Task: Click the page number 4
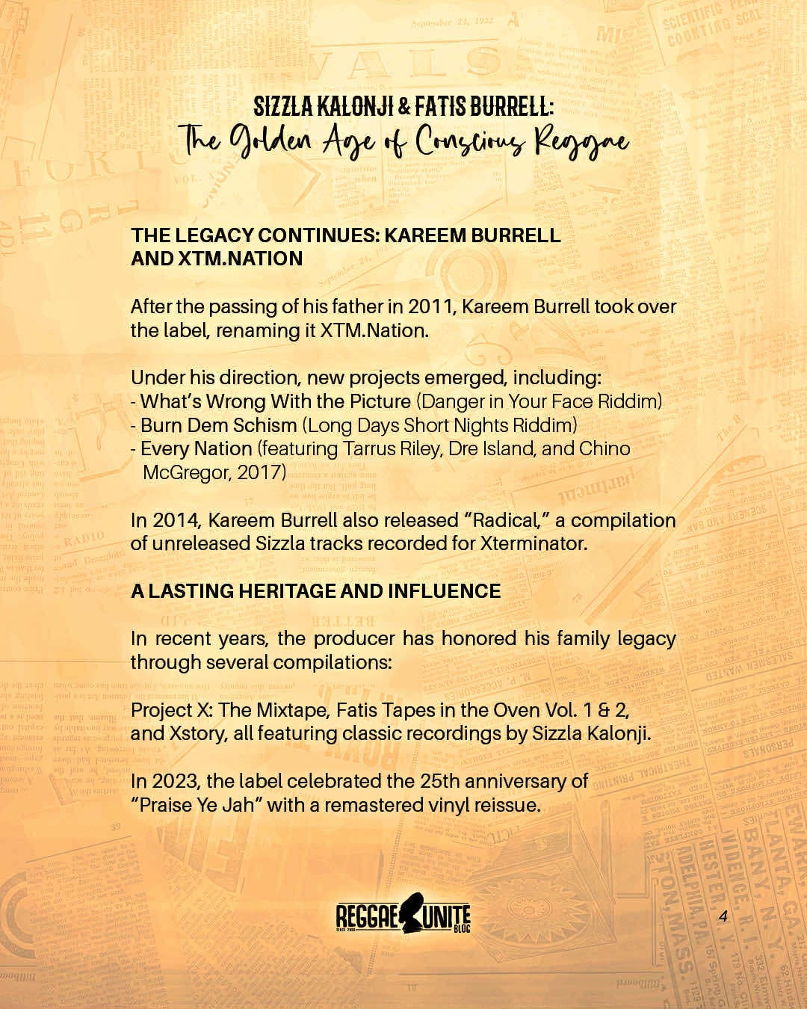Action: click(723, 916)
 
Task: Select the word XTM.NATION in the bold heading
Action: click(240, 259)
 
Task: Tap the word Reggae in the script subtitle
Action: click(581, 142)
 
